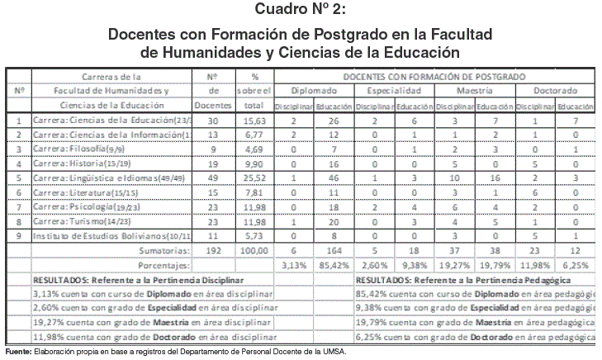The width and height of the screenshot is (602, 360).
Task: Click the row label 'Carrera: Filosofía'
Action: coord(92,149)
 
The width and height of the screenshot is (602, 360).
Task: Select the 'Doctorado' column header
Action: coord(554,90)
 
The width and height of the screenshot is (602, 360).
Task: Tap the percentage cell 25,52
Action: coord(254,178)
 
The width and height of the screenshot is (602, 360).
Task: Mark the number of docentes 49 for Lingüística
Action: coord(213,178)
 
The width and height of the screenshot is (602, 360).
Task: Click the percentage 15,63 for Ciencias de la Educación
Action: coord(254,121)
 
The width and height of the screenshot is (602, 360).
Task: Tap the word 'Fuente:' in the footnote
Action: coord(18,353)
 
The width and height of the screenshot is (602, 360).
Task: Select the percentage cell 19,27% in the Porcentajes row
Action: coord(453,266)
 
